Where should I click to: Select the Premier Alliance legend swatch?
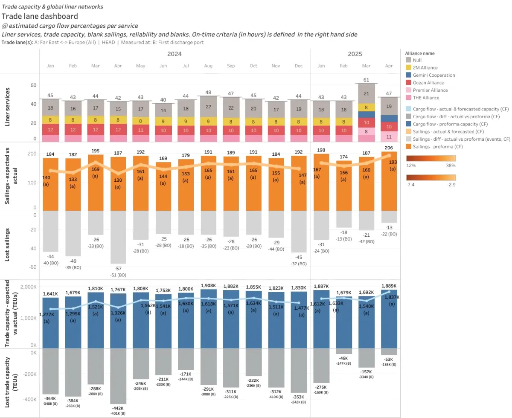[409, 90]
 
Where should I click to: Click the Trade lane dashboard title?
[40, 16]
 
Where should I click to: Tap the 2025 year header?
[355, 54]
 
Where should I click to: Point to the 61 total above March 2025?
[366, 80]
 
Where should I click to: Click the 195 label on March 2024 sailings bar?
[95, 151]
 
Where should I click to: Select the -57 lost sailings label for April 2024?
[118, 268]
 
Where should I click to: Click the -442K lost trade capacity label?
[118, 408]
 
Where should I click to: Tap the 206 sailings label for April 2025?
[389, 148]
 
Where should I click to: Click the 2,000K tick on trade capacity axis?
[28, 287]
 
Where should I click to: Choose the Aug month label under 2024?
[208, 66]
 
